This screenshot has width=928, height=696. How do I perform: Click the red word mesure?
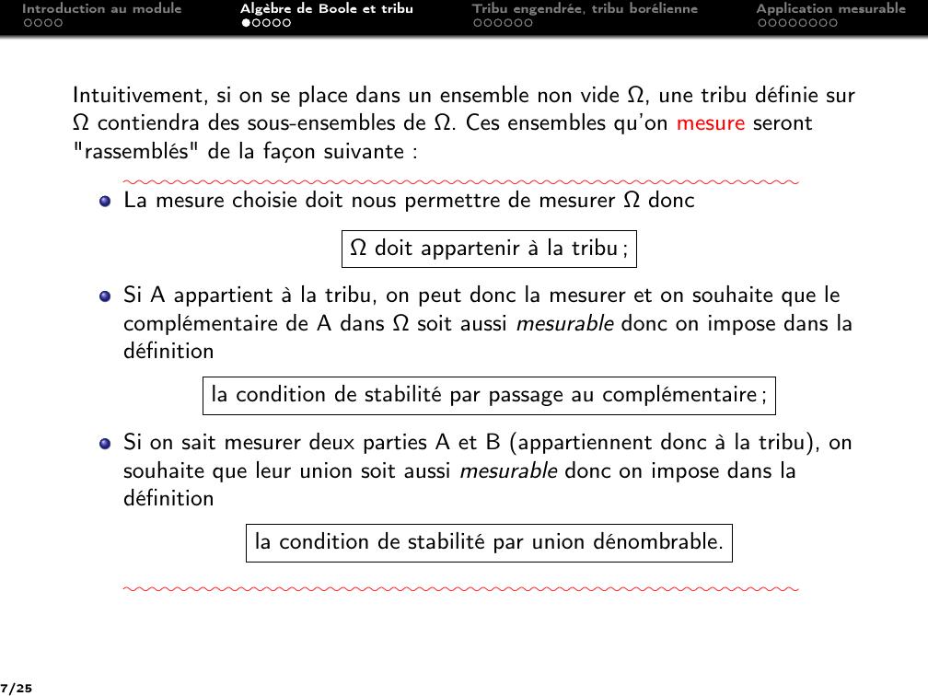[710, 123]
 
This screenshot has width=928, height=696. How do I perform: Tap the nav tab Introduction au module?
[101, 9]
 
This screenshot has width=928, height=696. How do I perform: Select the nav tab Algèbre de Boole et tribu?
[326, 9]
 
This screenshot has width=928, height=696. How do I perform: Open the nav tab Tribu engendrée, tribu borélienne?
[585, 9]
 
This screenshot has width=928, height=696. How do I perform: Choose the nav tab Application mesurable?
[830, 9]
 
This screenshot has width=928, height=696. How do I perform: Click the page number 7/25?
[17, 687]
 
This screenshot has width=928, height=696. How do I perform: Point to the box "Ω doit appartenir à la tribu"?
[489, 249]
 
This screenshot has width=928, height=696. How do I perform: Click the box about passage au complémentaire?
[489, 396]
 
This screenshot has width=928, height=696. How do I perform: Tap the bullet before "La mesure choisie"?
[105, 201]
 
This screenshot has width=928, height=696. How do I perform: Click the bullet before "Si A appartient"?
[105, 296]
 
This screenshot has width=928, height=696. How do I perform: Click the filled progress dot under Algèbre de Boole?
[246, 23]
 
